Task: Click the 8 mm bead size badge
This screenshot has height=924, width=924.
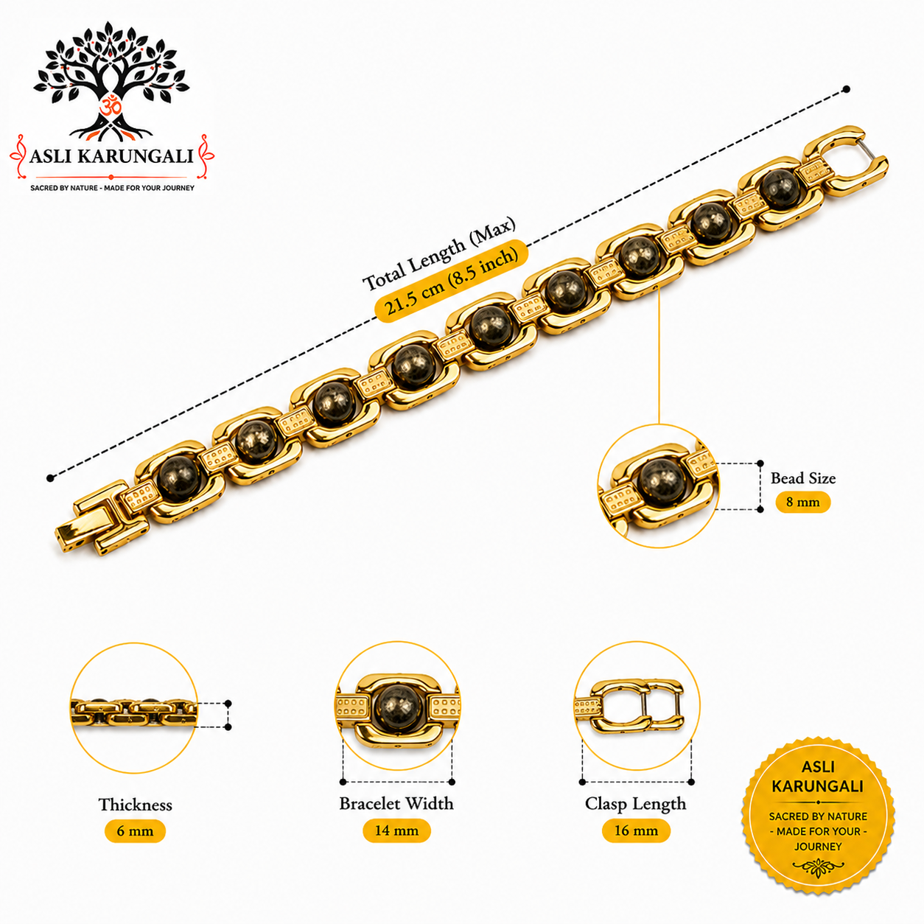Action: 802,502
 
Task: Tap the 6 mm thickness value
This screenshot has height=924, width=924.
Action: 135,831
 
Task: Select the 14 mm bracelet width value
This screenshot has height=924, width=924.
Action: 396,830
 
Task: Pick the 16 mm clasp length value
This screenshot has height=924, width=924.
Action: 636,830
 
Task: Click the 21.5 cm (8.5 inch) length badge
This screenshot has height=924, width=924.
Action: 451,281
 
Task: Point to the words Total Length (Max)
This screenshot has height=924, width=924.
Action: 438,253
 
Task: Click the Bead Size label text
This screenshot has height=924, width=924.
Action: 802,478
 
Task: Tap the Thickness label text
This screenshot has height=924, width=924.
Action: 136,804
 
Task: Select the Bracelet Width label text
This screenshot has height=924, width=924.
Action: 396,803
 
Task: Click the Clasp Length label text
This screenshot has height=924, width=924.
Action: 635,804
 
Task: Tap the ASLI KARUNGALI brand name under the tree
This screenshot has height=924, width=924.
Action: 111,156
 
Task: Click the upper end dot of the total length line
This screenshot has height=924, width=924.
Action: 847,89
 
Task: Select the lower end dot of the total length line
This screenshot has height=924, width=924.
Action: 50,478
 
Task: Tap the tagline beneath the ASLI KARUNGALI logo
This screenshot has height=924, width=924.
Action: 112,188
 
